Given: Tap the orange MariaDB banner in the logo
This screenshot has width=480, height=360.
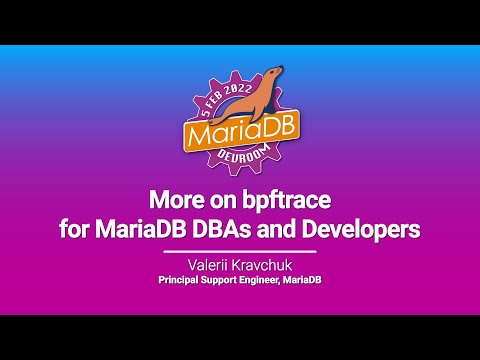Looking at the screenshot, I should pos(239,132).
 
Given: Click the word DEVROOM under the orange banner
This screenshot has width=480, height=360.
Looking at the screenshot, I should pos(240,157).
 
